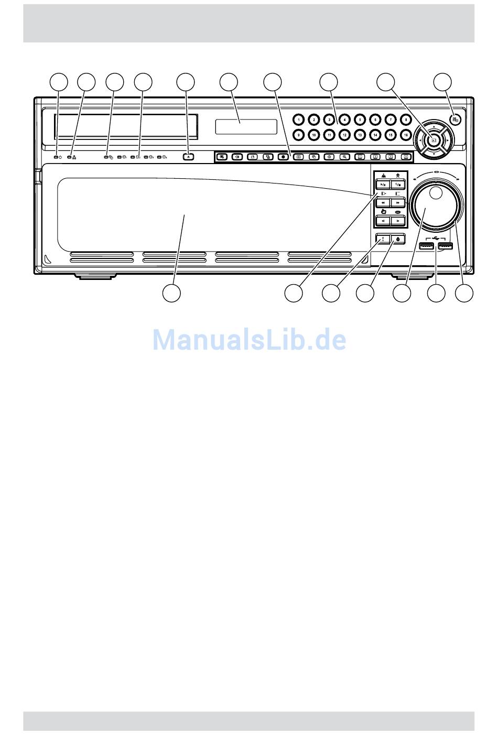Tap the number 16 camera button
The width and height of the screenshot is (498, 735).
[x=405, y=135]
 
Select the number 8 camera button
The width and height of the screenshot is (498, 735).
[x=405, y=120]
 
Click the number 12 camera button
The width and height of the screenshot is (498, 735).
[x=344, y=135]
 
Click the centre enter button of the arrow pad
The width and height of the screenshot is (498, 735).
[x=434, y=140]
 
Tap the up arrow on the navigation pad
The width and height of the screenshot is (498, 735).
[x=434, y=128]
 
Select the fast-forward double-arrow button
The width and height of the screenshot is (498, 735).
[x=398, y=202]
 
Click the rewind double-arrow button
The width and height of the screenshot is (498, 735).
[x=384, y=202]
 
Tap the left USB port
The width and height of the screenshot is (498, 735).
[x=427, y=246]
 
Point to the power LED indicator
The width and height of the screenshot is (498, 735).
[x=57, y=157]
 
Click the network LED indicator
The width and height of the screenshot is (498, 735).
[x=69, y=157]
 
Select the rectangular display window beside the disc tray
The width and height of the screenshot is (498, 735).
[x=245, y=126]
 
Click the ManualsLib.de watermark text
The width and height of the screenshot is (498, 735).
[x=249, y=340]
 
